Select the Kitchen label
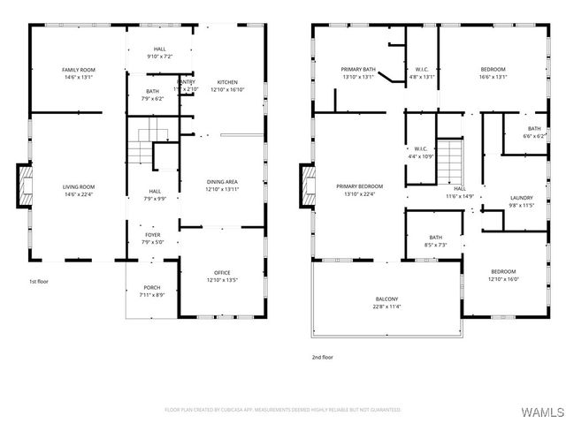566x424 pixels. (227, 82)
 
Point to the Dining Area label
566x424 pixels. (222, 181)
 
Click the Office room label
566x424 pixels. (222, 272)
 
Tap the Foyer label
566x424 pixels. (153, 234)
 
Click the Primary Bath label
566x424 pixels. (358, 69)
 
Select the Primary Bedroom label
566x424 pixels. (360, 186)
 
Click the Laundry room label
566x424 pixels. (522, 198)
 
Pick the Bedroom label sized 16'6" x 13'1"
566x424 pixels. (493, 69)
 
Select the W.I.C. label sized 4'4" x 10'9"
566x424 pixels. (420, 148)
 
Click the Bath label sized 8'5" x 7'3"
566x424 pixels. (436, 237)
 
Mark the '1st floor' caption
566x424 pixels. (39, 282)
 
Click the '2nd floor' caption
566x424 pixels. (322, 357)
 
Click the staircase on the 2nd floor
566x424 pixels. (450, 159)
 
